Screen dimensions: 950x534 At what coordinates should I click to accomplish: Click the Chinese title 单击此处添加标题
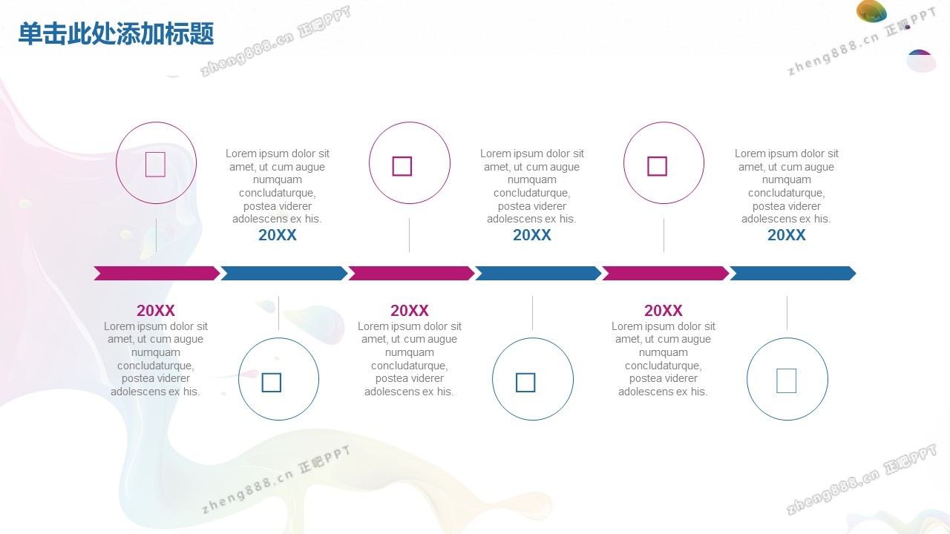(117, 33)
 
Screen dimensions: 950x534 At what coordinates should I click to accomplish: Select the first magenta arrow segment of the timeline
(157, 274)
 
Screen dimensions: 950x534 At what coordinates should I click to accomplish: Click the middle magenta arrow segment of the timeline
(411, 274)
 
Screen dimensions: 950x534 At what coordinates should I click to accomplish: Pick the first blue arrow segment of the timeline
(284, 274)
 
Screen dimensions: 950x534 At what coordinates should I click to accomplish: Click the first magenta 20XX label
(156, 311)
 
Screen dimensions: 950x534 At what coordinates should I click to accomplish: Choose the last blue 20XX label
(786, 235)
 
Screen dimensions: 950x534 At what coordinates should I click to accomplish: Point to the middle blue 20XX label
(532, 235)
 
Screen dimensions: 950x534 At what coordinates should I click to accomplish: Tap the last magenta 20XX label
(664, 311)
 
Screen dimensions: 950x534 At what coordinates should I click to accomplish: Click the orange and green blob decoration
(871, 11)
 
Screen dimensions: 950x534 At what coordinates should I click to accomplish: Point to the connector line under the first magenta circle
(156, 235)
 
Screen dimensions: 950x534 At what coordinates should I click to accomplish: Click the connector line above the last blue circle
(787, 313)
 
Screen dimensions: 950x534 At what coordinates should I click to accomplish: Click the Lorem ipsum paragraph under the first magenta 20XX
(156, 359)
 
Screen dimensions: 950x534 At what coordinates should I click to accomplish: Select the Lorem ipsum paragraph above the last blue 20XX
(786, 186)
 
